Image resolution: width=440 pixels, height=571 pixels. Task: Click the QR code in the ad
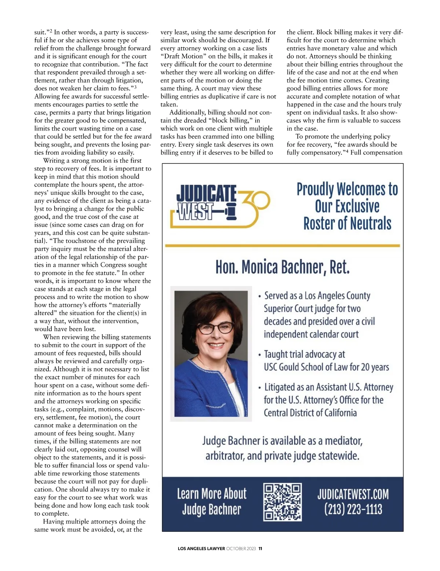pos(282,502)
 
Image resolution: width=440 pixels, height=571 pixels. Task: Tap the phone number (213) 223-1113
pos(353,509)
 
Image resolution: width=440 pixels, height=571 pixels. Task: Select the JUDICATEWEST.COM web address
pos(353,494)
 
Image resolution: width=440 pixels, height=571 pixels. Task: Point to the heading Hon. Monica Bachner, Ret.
pos(282,267)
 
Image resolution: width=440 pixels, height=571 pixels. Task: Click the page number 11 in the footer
pos(260,549)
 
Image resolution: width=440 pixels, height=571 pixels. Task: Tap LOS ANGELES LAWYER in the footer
pos(201,549)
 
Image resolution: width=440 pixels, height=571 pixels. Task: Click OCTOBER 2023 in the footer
pos(241,549)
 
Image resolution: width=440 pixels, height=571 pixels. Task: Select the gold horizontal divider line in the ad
pos(282,246)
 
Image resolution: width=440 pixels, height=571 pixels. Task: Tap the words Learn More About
pos(212,494)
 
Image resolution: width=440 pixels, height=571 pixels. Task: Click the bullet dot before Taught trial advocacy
pos(260,355)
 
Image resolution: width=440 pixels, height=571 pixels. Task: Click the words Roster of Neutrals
pos(347,223)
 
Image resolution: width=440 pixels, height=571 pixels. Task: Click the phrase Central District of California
pos(310,413)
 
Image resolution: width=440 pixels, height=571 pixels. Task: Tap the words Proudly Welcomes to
pos(347,189)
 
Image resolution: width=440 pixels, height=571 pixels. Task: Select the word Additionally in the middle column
pos(188,113)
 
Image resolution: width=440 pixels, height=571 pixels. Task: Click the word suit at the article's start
pos(41,33)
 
